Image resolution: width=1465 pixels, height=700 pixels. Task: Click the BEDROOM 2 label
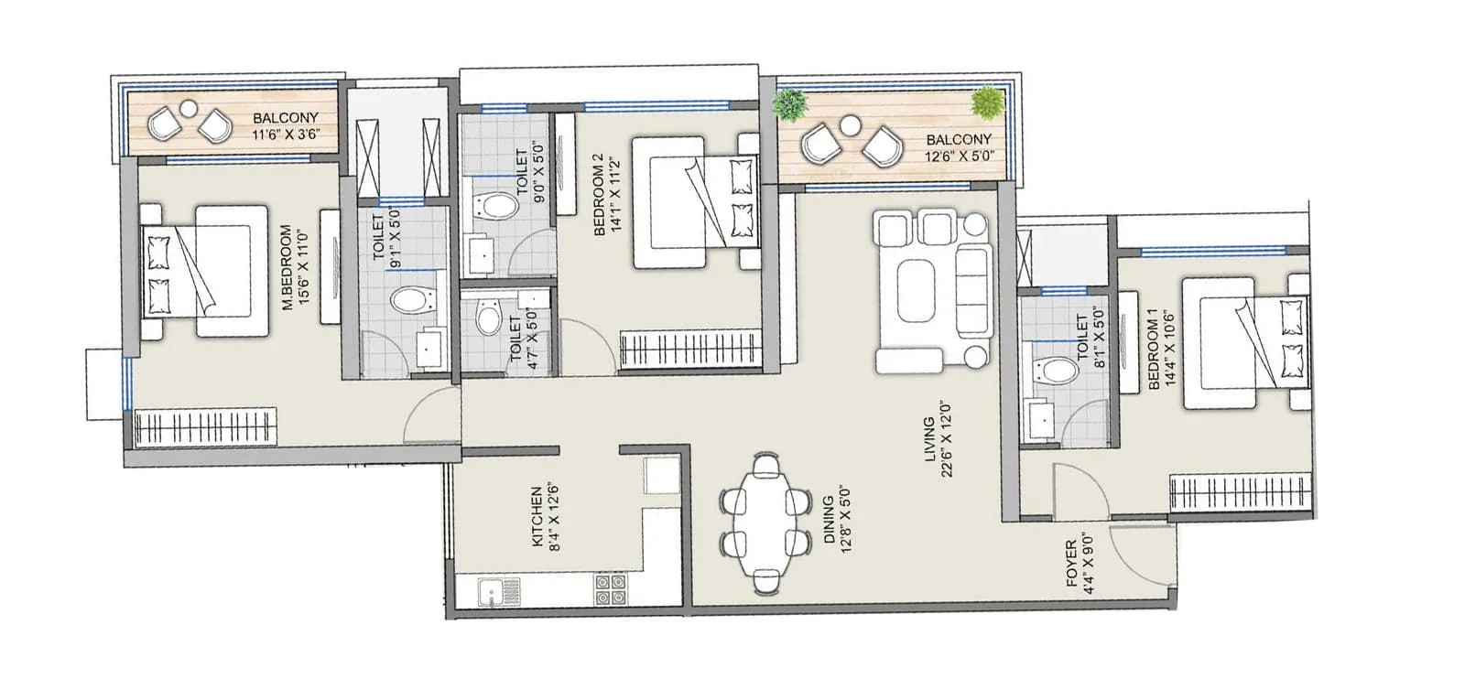607,194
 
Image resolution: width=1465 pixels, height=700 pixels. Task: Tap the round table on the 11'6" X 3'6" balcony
188,108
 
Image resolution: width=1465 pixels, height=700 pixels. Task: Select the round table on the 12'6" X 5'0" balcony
850,126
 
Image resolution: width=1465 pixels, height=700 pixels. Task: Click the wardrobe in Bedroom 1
1242,493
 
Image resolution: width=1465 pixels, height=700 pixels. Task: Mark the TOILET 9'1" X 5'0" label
387,237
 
